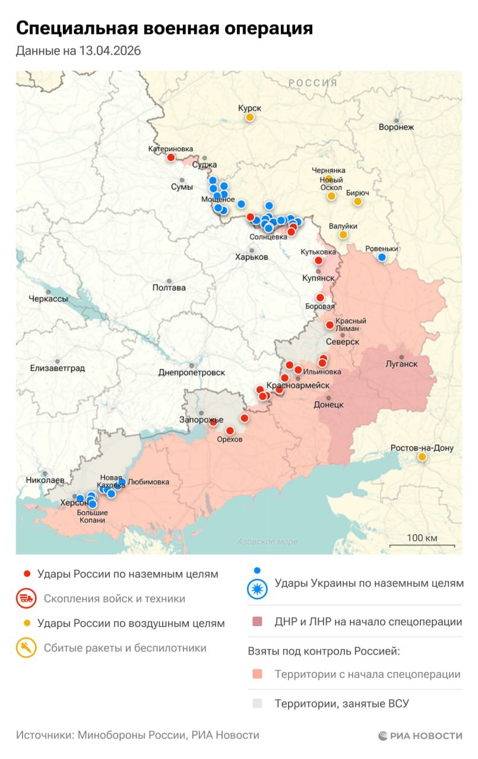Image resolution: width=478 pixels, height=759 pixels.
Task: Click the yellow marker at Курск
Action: (x=250, y=117)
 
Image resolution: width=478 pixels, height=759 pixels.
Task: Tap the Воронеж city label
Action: (x=396, y=127)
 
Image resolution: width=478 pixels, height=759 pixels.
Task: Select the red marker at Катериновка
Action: (x=171, y=157)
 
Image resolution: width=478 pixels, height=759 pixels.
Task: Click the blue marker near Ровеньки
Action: (x=382, y=257)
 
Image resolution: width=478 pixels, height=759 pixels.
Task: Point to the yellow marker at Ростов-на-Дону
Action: (x=422, y=457)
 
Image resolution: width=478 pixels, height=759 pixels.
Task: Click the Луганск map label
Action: (x=401, y=363)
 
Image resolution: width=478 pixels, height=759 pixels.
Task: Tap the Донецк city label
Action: (x=328, y=404)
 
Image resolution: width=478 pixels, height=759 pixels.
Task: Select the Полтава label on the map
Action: (x=169, y=288)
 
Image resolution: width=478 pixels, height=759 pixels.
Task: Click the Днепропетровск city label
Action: (x=192, y=372)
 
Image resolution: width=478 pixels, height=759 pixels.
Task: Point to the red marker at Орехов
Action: (x=230, y=430)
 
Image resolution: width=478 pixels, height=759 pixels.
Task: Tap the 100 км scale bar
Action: (x=422, y=545)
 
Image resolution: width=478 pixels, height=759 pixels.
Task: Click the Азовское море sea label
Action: (x=267, y=541)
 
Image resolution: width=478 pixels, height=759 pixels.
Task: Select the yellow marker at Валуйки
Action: (x=343, y=235)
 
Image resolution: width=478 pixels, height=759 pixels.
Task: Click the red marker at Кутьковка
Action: (x=318, y=260)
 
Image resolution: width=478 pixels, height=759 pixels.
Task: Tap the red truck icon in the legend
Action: (x=26, y=598)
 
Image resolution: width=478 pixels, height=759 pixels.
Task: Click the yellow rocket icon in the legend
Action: (x=26, y=648)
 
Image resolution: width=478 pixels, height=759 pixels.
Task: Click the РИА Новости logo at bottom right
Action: (x=420, y=735)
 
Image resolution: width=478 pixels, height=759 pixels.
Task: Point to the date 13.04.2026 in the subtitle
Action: (x=110, y=51)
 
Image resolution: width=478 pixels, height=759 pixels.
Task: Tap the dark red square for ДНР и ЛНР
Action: (x=257, y=622)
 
